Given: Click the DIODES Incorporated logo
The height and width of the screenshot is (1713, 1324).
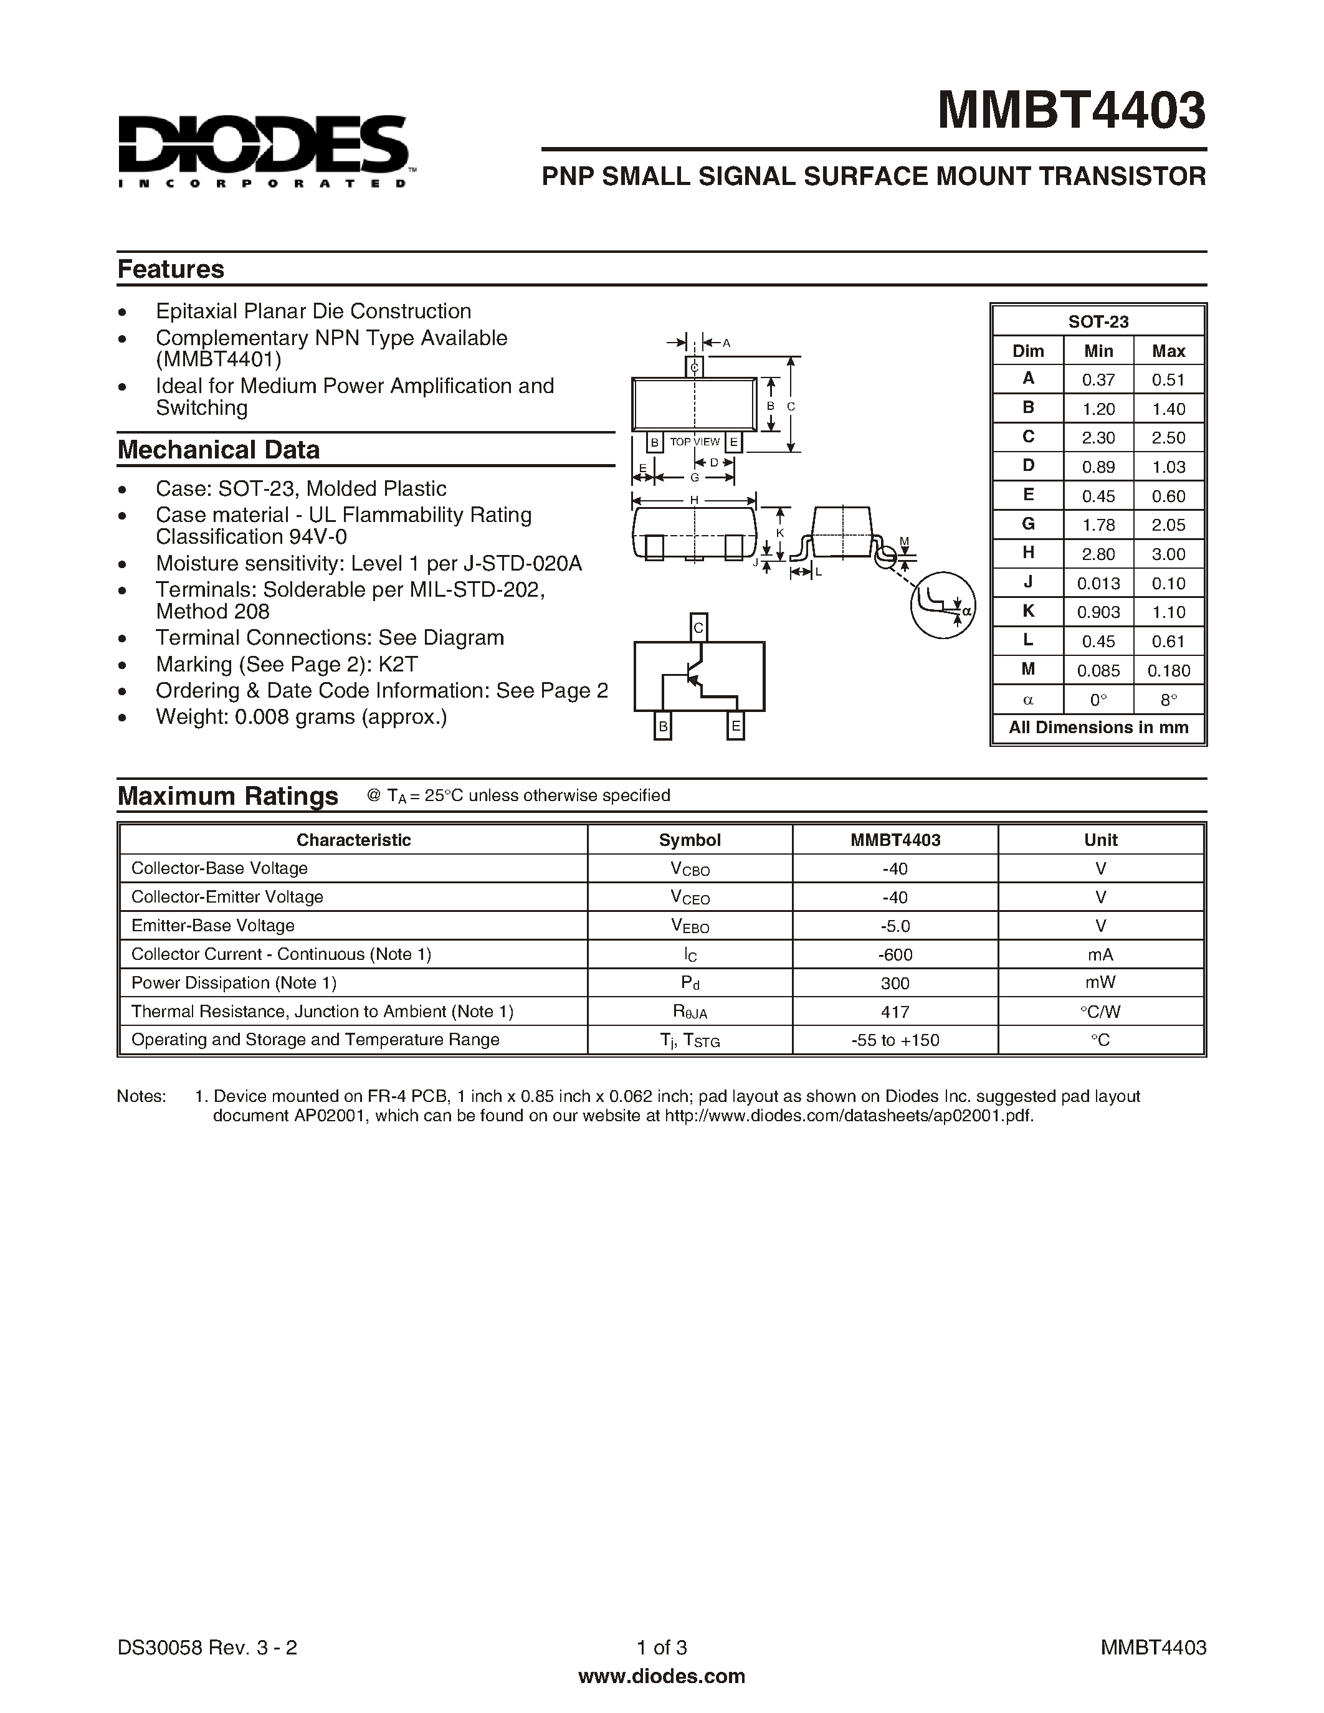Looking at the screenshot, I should pyautogui.click(x=263, y=151).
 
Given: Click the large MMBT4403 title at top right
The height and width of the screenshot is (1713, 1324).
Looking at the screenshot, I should pyautogui.click(x=1072, y=111).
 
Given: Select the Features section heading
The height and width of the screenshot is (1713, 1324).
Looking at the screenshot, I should pyautogui.click(x=170, y=269).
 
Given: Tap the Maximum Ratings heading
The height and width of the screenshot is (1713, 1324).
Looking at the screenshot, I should pyautogui.click(x=227, y=796).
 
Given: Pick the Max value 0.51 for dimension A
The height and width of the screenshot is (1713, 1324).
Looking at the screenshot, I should pyautogui.click(x=1168, y=379).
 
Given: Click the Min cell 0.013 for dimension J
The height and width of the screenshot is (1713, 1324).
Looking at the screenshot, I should pyautogui.click(x=1098, y=584).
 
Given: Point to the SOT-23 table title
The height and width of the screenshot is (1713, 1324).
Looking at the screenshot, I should pyautogui.click(x=1098, y=321).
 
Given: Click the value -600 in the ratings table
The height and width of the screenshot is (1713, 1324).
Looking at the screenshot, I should pyautogui.click(x=895, y=954).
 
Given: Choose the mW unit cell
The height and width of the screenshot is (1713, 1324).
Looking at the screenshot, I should pyautogui.click(x=1100, y=983).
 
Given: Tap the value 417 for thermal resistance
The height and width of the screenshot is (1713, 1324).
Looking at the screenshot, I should pyautogui.click(x=895, y=1012).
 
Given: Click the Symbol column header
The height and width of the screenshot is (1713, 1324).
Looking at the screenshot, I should pyautogui.click(x=690, y=840).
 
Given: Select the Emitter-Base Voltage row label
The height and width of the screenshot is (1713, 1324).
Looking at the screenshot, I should pyautogui.click(x=212, y=926).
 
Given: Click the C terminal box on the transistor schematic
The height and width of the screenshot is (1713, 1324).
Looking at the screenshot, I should pyautogui.click(x=698, y=627).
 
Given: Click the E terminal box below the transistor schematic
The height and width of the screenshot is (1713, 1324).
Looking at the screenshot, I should pyautogui.click(x=736, y=726).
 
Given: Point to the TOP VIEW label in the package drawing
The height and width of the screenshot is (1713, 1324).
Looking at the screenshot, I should pyautogui.click(x=694, y=442).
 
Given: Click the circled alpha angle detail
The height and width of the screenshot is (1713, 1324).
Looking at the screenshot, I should pyautogui.click(x=943, y=605).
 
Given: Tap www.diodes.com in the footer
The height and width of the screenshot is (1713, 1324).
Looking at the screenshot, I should pyautogui.click(x=661, y=1676).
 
